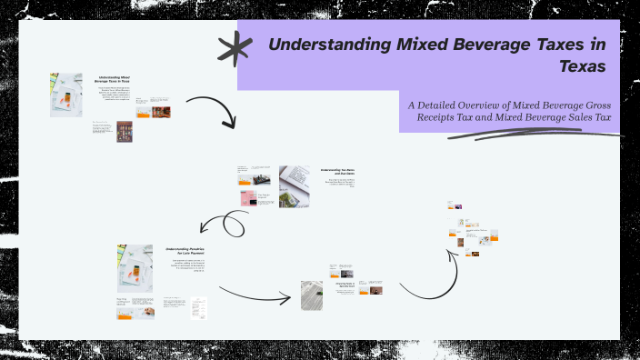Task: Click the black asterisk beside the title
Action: (x=235, y=47)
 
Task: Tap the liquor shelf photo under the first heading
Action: (x=125, y=132)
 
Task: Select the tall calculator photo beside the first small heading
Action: (x=65, y=95)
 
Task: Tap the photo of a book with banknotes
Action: (x=295, y=177)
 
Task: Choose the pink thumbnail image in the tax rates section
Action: (x=245, y=198)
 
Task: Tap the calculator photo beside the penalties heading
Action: (x=133, y=267)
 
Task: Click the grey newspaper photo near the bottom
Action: (x=312, y=295)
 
